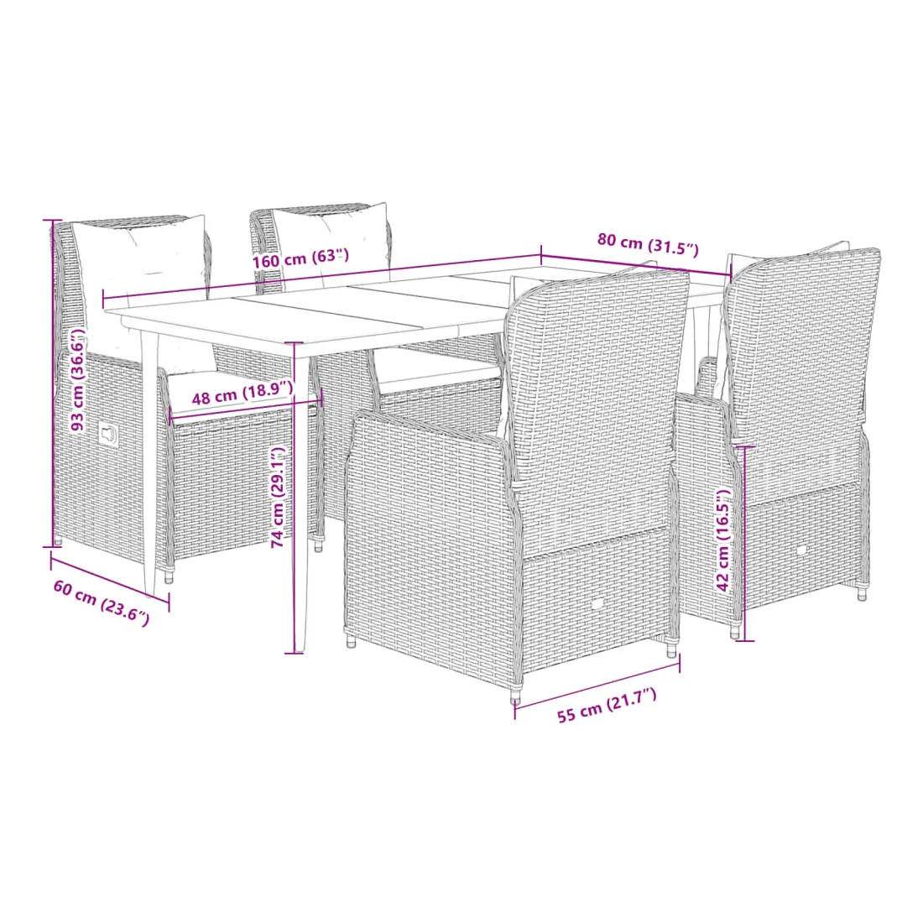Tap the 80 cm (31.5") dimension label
coord(648,245)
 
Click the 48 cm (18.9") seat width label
coord(242,393)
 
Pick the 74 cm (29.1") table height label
coord(279,498)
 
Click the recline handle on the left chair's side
coord(107,435)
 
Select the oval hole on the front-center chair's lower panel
coord(597,604)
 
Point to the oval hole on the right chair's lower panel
coord(801,550)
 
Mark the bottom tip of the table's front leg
coord(299,650)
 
